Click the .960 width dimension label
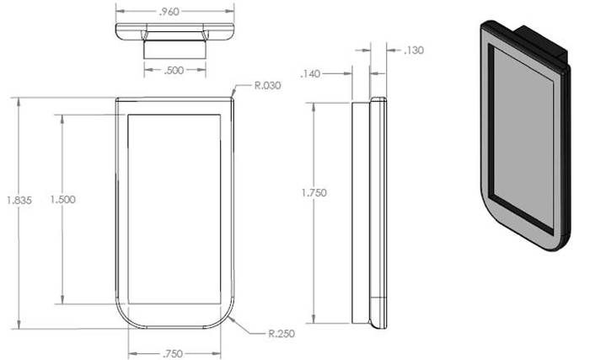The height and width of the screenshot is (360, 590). pos(169,12)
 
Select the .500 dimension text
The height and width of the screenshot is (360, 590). pos(174,71)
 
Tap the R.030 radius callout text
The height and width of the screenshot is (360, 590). pos(267,85)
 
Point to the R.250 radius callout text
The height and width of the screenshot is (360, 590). pos(282,334)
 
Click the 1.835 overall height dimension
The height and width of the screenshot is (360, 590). pos(19,201)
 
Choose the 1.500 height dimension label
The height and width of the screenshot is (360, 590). pos(63,199)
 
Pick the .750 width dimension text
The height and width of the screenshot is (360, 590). pos(173,353)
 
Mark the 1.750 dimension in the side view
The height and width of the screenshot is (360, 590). pos(314,193)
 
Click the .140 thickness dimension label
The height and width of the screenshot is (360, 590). pos(310,74)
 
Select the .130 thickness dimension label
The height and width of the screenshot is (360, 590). pos(414,50)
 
